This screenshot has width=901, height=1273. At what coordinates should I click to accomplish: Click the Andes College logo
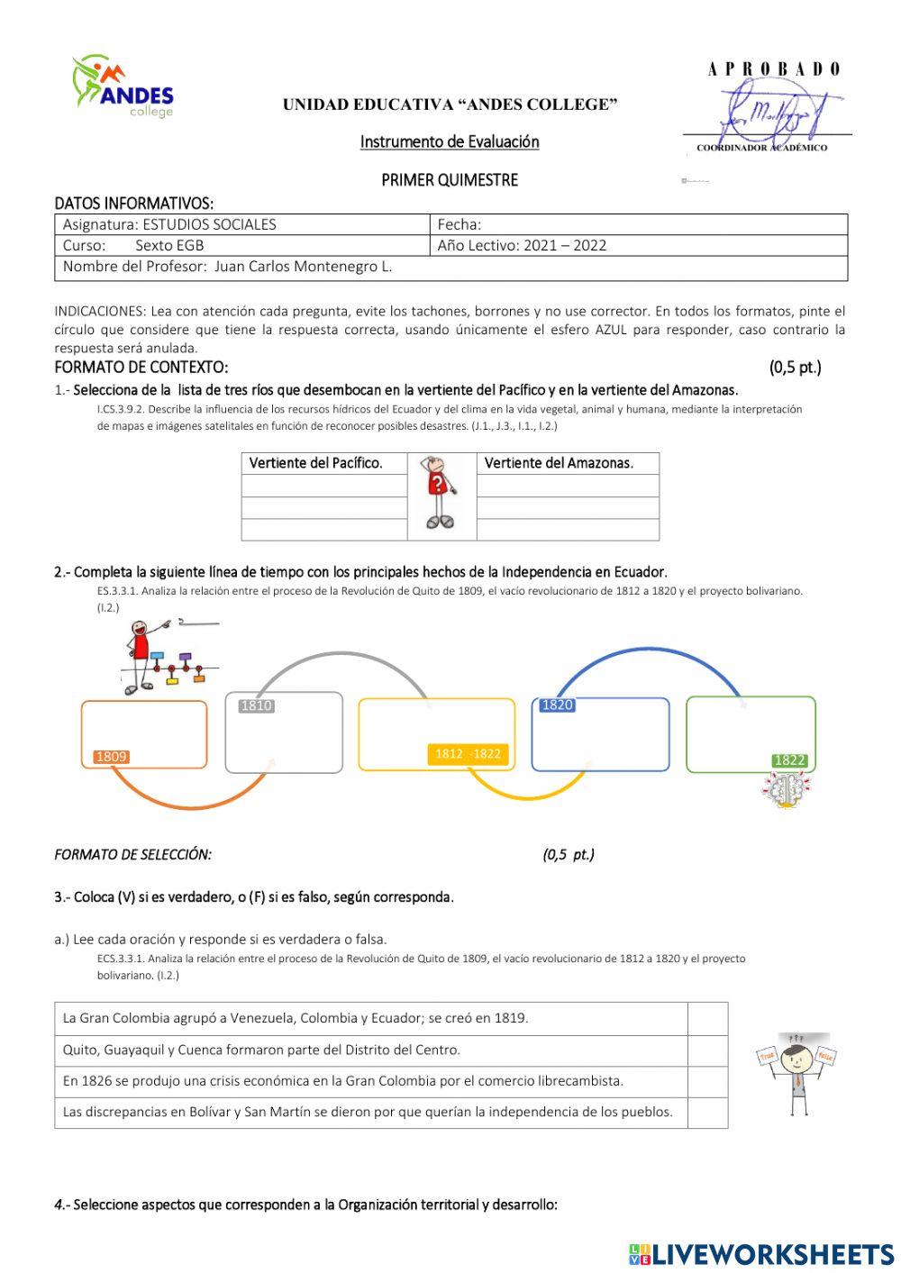pos(123,86)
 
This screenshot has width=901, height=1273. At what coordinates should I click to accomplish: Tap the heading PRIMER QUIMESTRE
pos(450,180)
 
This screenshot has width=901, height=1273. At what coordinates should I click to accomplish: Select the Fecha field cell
pos(640,224)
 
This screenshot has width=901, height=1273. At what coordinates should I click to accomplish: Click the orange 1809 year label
pos(112,757)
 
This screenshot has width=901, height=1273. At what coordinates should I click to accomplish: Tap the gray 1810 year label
pos(256,705)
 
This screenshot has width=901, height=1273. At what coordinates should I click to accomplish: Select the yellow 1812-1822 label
pos(467,754)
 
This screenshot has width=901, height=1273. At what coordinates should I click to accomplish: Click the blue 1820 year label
pos(557,705)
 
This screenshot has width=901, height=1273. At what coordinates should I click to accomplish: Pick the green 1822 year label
pos(789,759)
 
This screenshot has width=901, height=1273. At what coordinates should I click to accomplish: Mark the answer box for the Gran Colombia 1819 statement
pos(707,1018)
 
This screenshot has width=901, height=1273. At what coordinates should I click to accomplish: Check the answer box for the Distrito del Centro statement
pos(707,1050)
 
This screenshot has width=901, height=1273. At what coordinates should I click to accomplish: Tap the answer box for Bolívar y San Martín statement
pos(707,1112)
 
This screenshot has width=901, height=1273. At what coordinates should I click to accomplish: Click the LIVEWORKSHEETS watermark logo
pos(760,1254)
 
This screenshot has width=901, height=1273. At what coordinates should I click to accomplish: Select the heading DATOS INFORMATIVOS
pos(133,203)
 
